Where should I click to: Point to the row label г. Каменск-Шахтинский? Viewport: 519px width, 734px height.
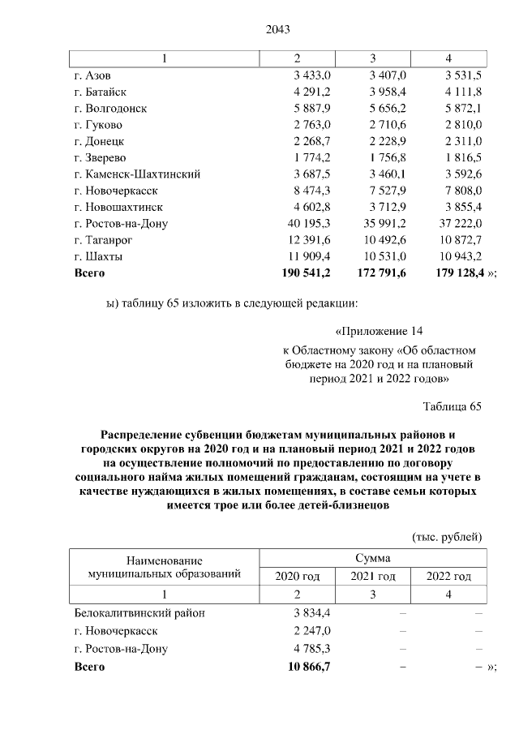click(137, 174)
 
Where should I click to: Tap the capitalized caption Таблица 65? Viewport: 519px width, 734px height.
click(453, 406)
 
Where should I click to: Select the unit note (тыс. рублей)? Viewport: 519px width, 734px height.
click(448, 537)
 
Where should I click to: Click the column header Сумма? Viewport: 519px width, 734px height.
click(372, 558)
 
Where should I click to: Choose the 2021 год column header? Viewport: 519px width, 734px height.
click(372, 577)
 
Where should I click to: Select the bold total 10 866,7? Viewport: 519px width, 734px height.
click(309, 665)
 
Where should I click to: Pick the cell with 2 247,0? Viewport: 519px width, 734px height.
click(312, 630)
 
